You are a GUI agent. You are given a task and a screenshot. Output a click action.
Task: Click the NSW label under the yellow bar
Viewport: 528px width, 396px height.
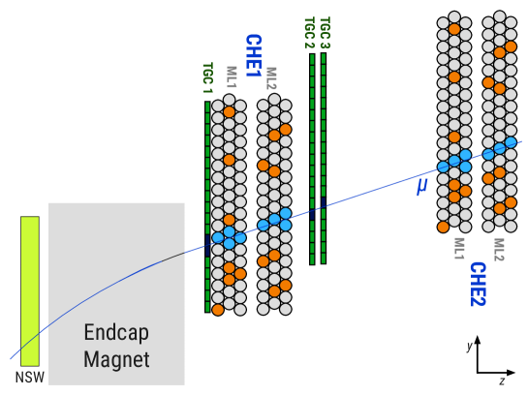click(29, 377)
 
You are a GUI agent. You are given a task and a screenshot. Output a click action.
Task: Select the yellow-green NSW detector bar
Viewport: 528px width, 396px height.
click(30, 290)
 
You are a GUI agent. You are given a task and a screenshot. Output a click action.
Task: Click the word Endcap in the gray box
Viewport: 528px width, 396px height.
click(116, 332)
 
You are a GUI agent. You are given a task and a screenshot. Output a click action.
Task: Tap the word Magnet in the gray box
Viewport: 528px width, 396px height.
click(116, 360)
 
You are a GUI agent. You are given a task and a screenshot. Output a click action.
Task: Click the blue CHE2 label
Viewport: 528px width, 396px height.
click(477, 283)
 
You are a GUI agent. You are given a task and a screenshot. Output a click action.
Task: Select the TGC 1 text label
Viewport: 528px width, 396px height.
click(207, 78)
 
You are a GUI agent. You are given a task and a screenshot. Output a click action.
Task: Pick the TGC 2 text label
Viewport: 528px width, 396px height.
click(309, 33)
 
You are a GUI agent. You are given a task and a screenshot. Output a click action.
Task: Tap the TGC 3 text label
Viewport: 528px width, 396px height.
click(325, 33)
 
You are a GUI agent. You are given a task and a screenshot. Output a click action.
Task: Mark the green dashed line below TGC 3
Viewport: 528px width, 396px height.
click(324, 155)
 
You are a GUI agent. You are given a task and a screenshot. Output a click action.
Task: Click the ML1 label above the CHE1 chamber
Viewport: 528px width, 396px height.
click(232, 77)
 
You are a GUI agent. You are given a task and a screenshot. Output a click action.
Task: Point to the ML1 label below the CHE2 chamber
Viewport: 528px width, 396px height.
click(459, 249)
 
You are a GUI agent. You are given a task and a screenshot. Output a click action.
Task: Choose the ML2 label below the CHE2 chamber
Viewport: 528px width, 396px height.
click(499, 249)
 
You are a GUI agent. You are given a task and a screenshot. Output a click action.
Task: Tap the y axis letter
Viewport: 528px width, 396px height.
click(469, 346)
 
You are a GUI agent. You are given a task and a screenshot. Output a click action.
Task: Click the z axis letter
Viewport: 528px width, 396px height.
click(502, 381)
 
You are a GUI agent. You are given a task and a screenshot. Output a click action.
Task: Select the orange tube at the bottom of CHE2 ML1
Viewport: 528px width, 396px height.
click(444, 227)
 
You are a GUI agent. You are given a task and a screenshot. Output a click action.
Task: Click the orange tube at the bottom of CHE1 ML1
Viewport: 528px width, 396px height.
click(218, 310)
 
